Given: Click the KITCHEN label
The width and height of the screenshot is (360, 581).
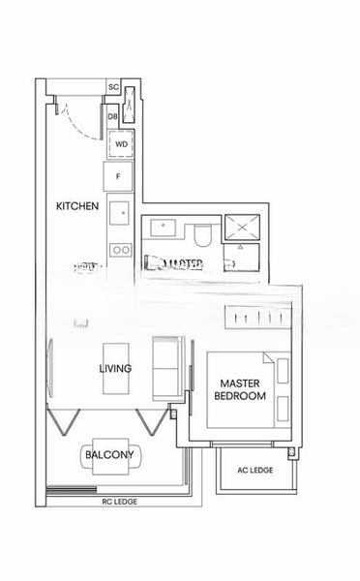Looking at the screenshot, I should [77, 206].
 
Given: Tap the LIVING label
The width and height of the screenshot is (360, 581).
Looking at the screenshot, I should [115, 369].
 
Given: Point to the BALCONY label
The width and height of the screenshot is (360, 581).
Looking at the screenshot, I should [108, 454].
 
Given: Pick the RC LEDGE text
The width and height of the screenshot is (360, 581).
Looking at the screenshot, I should [115, 503].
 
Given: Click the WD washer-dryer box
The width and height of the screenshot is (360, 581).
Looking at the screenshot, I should [121, 144].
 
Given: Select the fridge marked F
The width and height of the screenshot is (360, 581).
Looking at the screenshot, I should [119, 177].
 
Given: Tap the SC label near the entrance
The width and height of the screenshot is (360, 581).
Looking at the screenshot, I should [113, 87].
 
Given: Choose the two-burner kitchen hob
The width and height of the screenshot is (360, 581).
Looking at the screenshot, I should [120, 249].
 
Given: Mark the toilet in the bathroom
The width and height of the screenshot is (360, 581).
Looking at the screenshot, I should [202, 235].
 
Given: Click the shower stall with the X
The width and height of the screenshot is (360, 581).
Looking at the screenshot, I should [240, 229].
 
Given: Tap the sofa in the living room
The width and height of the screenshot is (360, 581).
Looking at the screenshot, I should [168, 366].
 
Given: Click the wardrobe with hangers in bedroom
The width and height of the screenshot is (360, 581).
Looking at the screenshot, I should [256, 318].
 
